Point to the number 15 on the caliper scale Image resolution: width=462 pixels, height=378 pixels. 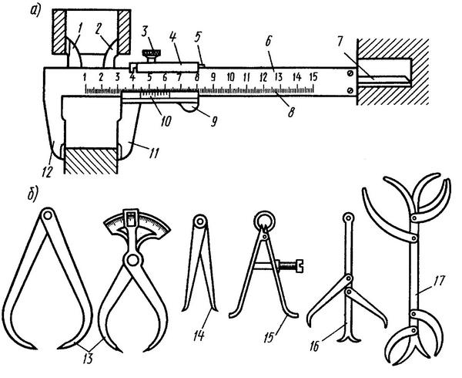point(313,78)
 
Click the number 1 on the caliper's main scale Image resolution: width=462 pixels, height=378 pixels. point(84,78)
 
